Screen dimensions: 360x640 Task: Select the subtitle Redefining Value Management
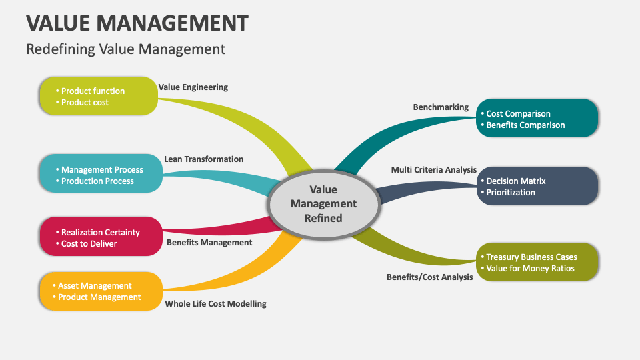pyautogui.click(x=125, y=49)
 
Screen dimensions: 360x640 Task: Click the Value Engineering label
pyautogui.click(x=193, y=87)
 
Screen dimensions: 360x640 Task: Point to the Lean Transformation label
pyautogui.click(x=203, y=159)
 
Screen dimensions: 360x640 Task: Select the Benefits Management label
pyautogui.click(x=209, y=243)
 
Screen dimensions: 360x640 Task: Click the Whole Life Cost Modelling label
pyautogui.click(x=215, y=303)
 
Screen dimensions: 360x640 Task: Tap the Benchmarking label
pyautogui.click(x=441, y=107)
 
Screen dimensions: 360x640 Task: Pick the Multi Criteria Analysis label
pyautogui.click(x=433, y=170)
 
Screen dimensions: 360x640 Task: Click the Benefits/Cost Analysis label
pyautogui.click(x=429, y=277)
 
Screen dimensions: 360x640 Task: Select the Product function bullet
pyautogui.click(x=93, y=91)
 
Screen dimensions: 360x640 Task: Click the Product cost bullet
pyautogui.click(x=85, y=102)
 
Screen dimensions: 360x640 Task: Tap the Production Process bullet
pyautogui.click(x=97, y=181)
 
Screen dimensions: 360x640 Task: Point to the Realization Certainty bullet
pyautogui.click(x=100, y=232)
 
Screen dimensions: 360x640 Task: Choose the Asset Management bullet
pyautogui.click(x=95, y=285)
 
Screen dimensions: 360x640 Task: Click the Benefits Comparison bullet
pyautogui.click(x=525, y=125)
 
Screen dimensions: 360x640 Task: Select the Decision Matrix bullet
pyautogui.click(x=516, y=181)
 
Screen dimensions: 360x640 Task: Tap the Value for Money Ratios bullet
pyautogui.click(x=530, y=268)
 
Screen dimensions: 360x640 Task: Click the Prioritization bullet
pyautogui.click(x=511, y=192)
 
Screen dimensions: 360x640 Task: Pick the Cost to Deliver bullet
pyautogui.click(x=89, y=243)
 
